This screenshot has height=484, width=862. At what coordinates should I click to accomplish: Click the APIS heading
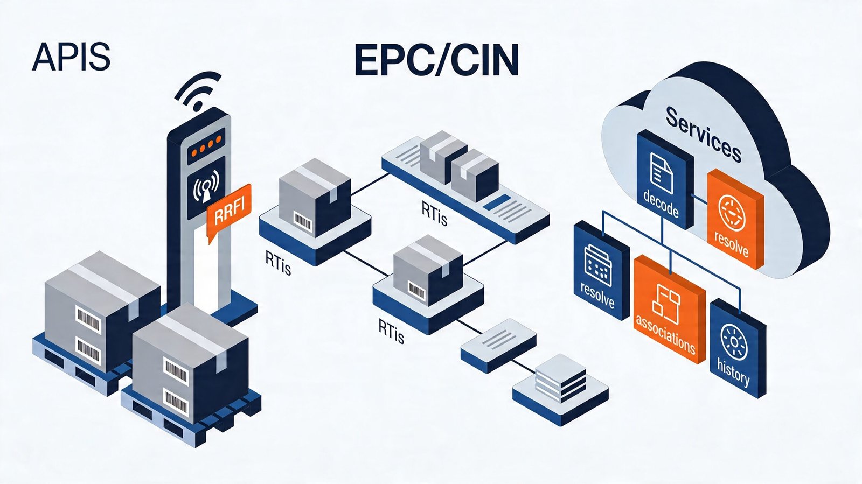click(71, 57)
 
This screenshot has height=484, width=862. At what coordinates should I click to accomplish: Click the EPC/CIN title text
click(436, 61)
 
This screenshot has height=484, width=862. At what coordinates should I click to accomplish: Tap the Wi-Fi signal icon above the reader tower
click(198, 92)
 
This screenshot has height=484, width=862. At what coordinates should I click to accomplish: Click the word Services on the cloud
click(703, 134)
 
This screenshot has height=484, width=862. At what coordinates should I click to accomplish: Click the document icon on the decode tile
click(661, 172)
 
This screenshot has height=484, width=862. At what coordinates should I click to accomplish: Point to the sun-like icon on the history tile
click(734, 341)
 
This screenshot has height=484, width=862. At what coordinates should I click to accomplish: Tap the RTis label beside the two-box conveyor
click(434, 214)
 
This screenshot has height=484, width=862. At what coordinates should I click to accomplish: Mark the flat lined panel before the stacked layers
click(498, 344)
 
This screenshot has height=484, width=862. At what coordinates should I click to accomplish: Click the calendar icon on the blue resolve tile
click(597, 264)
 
